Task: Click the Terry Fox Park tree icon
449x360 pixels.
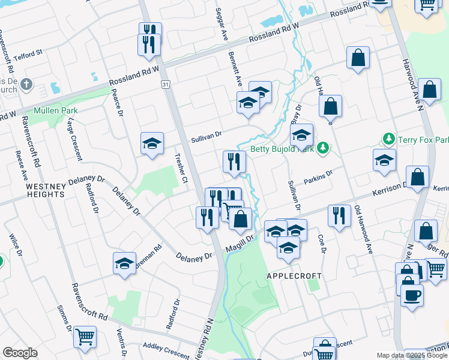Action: click(389, 139)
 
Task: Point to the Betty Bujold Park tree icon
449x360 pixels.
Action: click(323, 147)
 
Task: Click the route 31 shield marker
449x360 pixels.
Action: click(165, 85)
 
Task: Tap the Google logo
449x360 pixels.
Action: click(20, 353)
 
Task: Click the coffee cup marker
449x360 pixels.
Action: click(412, 295)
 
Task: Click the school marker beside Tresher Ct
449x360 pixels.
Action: click(152, 143)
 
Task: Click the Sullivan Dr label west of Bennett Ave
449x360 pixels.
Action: click(206, 137)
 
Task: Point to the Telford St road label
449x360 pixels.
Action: click(29, 53)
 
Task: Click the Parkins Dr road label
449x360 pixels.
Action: click(318, 178)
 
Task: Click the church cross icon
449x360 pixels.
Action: click(26, 85)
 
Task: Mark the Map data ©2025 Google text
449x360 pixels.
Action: click(411, 355)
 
